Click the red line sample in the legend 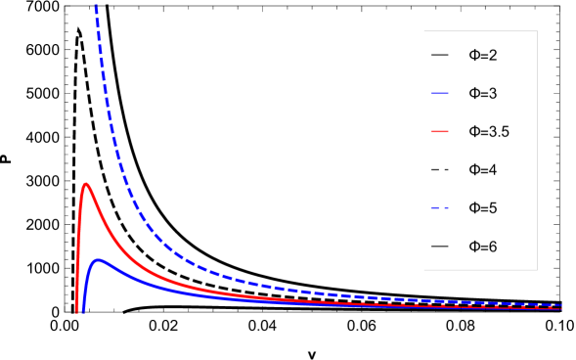coord(440,131)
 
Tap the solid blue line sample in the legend coord(440,93)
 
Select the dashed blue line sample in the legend coord(440,207)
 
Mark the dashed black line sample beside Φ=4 coord(440,169)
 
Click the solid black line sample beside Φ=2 coord(440,55)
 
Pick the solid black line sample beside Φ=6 coord(440,247)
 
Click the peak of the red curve coord(86,183)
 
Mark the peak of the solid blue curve coord(99,259)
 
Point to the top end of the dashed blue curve coord(95,4)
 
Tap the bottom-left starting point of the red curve coord(76,312)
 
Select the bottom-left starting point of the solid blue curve coord(83,312)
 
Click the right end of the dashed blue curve coord(562,305)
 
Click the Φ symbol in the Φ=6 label coord(474,247)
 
